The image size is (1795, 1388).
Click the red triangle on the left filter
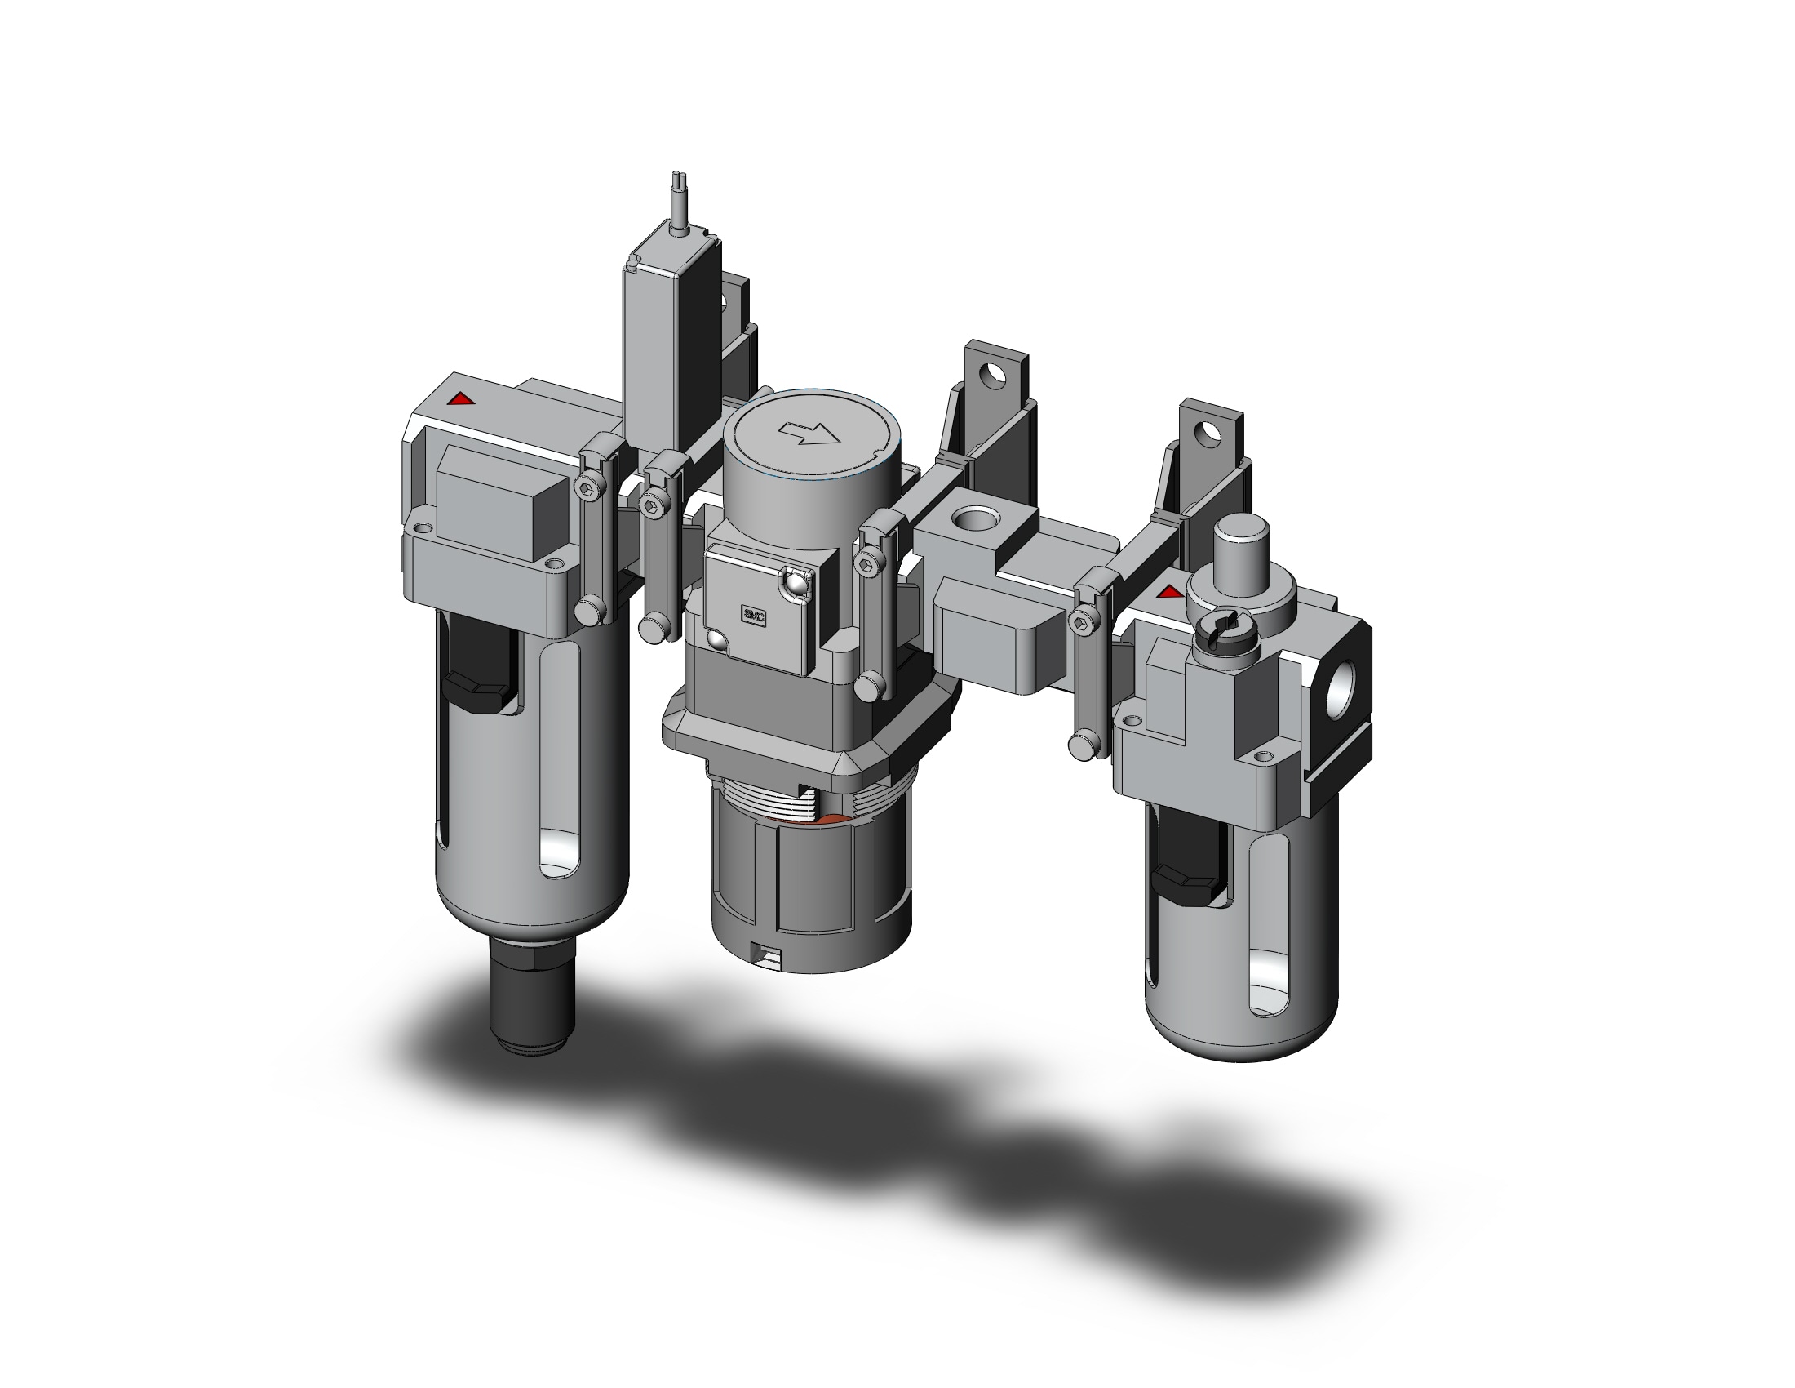pyautogui.click(x=461, y=399)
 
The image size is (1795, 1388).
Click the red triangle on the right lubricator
pyautogui.click(x=1168, y=591)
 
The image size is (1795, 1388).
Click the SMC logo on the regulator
pyautogui.click(x=754, y=616)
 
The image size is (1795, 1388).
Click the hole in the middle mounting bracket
pyautogui.click(x=995, y=376)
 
